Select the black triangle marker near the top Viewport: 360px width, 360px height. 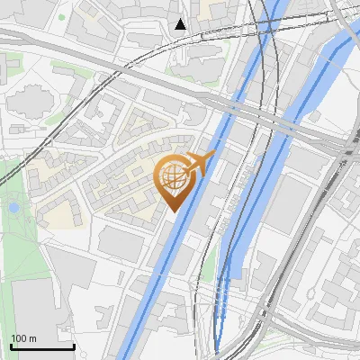(181, 23)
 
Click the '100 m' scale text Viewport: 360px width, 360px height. (23, 338)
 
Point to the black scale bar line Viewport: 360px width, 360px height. (42, 346)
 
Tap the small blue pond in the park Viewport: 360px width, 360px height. (13, 208)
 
